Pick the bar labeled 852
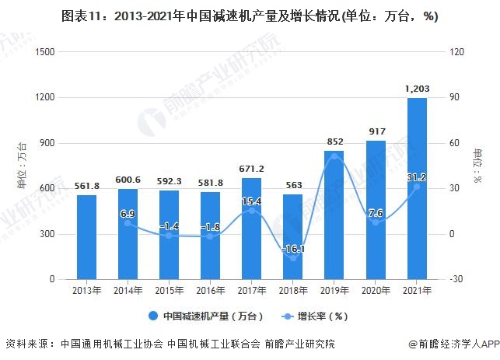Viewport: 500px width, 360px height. click(334, 215)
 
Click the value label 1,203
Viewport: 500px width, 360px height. click(417, 89)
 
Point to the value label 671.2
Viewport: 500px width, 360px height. click(252, 169)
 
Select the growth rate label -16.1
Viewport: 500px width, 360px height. click(293, 248)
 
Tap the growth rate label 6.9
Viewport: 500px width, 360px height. click(128, 212)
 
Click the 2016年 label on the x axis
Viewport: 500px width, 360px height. click(211, 291)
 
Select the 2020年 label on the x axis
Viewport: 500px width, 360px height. click(376, 291)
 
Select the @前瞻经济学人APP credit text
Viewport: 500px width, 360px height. click(449, 343)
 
